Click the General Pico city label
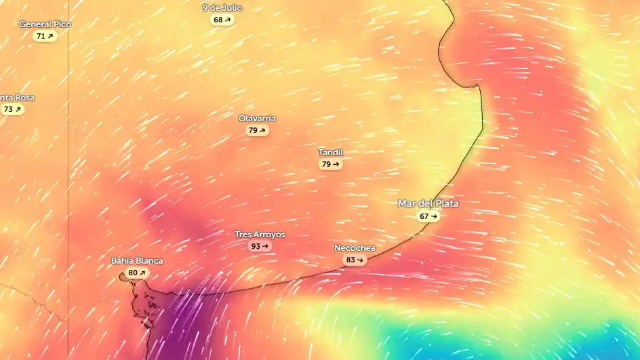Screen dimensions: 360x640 [45, 24]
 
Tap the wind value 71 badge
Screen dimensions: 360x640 [45, 36]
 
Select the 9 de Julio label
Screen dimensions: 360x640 [222, 8]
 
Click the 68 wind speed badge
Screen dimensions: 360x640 [222, 20]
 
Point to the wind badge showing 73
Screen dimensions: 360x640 [12, 109]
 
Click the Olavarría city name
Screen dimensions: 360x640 [257, 119]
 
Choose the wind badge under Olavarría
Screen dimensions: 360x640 [257, 130]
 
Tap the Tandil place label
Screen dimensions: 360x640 [330, 153]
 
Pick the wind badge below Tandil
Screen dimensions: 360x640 [330, 164]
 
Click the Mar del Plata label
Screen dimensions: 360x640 [428, 204]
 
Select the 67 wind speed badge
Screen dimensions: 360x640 [428, 216]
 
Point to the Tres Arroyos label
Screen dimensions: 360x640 [260, 235]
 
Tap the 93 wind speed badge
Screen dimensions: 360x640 [260, 246]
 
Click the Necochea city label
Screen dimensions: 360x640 [355, 248]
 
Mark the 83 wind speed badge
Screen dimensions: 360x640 [355, 260]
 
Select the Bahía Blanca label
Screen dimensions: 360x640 [137, 261]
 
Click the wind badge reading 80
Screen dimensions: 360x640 [137, 273]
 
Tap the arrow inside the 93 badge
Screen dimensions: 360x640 [265, 246]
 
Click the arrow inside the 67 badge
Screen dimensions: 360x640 [434, 216]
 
